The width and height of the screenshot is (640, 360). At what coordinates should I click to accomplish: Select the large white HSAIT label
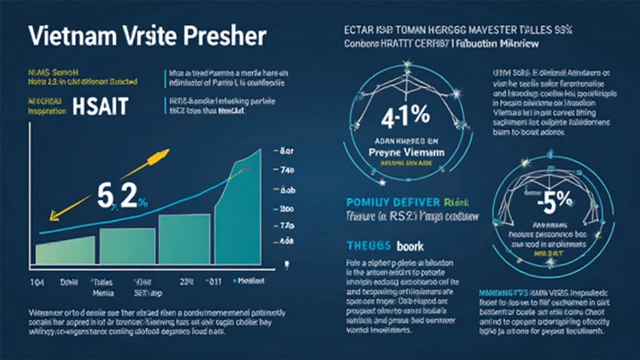click(x=101, y=106)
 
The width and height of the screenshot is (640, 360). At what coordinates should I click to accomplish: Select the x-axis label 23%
click(x=186, y=282)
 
